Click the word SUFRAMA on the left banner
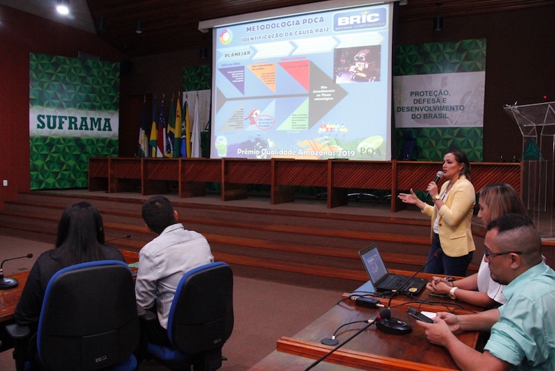click(74, 123)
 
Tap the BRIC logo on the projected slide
click(359, 20)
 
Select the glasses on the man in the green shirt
click(497, 254)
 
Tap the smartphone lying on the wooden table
click(420, 315)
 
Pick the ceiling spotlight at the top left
click(62, 10)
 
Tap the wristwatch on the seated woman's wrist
click(452, 292)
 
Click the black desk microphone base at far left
click(8, 282)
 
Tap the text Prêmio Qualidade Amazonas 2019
click(281, 152)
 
